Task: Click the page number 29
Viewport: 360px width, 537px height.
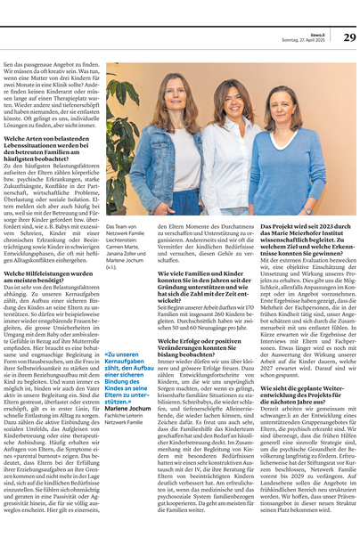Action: pyautogui.click(x=349, y=37)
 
